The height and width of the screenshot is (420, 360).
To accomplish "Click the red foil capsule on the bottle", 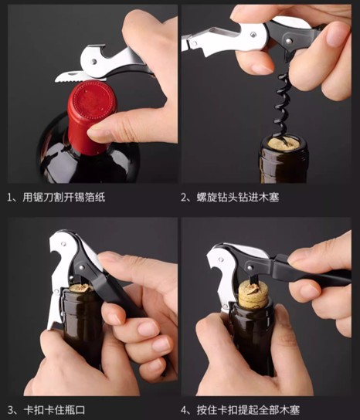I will pyautogui.click(x=89, y=116).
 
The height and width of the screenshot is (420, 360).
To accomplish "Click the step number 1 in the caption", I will pyautogui.click(x=10, y=197).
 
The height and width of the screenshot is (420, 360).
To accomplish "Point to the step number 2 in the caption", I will pyautogui.click(x=185, y=197).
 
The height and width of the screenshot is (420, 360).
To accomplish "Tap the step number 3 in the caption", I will pyautogui.click(x=10, y=408).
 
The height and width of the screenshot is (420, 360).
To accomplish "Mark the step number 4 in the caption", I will pyautogui.click(x=185, y=408).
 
